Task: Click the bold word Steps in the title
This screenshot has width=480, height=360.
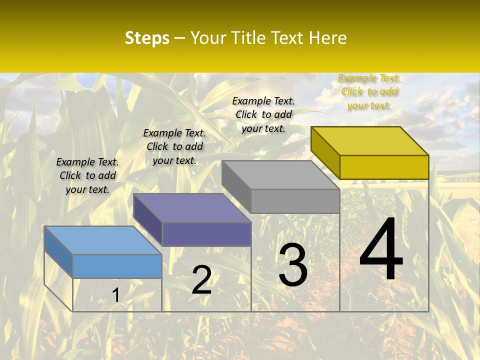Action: click(147, 38)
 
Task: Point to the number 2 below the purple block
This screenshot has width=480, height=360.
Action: click(201, 280)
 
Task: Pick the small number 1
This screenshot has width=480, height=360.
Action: click(115, 295)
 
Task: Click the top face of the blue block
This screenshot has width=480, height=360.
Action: click(102, 240)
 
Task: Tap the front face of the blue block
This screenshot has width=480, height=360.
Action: click(117, 266)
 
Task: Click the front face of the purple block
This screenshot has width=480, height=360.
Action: click(206, 234)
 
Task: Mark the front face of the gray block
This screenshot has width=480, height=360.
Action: click(295, 201)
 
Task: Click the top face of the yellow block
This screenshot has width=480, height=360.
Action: click(369, 140)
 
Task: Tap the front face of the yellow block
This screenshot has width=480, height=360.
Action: click(384, 167)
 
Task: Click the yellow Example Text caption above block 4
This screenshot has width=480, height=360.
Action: click(369, 91)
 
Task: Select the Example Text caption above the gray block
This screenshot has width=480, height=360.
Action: click(263, 114)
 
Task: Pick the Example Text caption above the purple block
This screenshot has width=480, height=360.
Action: click(174, 146)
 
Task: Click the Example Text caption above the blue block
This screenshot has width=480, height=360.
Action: click(87, 175)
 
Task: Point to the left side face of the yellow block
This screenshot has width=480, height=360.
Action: click(325, 153)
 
